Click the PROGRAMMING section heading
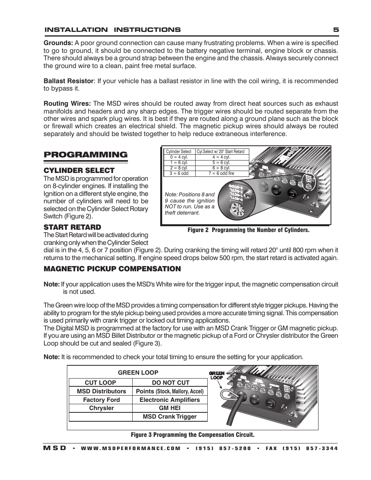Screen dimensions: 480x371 click(x=86, y=155)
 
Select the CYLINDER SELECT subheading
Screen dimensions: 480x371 click(x=79, y=170)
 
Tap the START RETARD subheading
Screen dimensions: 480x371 click(x=72, y=227)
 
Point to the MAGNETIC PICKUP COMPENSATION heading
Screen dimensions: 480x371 click(x=112, y=269)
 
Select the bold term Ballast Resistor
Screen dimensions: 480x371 click(x=68, y=81)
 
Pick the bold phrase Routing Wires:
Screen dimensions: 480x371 click(x=67, y=104)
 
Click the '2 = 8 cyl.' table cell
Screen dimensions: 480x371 click(x=179, y=168)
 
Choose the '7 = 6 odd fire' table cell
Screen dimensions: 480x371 click(x=221, y=173)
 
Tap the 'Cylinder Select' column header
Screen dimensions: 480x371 click(x=178, y=152)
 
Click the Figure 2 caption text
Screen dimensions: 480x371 click(x=248, y=230)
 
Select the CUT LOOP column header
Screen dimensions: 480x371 click(x=100, y=382)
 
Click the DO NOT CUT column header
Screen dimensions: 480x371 click(x=170, y=382)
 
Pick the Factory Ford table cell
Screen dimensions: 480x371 click(x=101, y=400)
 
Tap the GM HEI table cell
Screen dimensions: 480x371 click(x=170, y=408)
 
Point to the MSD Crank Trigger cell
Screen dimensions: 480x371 click(x=170, y=417)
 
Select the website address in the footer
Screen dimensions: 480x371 click(x=131, y=448)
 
